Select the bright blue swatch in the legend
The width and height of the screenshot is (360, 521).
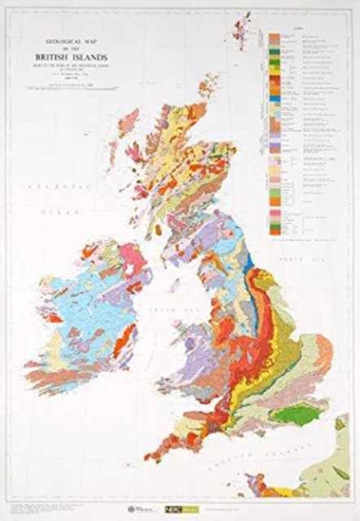click(x=271, y=100)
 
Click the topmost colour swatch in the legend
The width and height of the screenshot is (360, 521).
click(x=271, y=37)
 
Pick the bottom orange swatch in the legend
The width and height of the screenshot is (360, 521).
click(x=271, y=227)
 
